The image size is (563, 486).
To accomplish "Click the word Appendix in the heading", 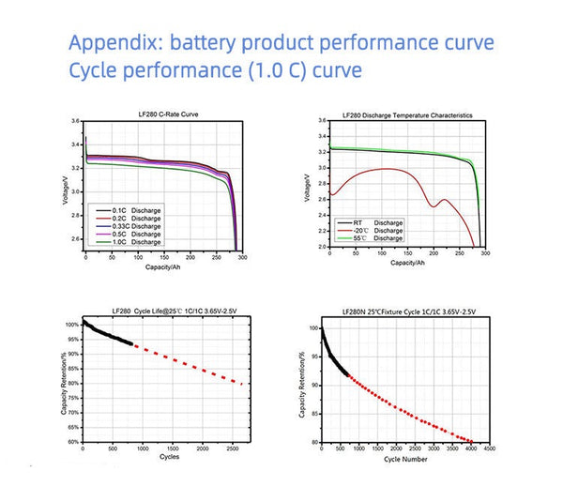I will point(119,43).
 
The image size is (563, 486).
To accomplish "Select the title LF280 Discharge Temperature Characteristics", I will point(410,114).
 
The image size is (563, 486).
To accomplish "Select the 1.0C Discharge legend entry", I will point(130,242).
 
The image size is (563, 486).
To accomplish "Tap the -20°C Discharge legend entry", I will point(371,230).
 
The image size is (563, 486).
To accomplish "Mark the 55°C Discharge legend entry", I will point(371,238).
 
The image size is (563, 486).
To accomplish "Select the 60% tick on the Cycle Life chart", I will point(71,441).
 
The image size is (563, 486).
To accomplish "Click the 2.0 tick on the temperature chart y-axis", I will point(322,247).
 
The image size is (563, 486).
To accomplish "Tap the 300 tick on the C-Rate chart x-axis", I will point(242,255).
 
